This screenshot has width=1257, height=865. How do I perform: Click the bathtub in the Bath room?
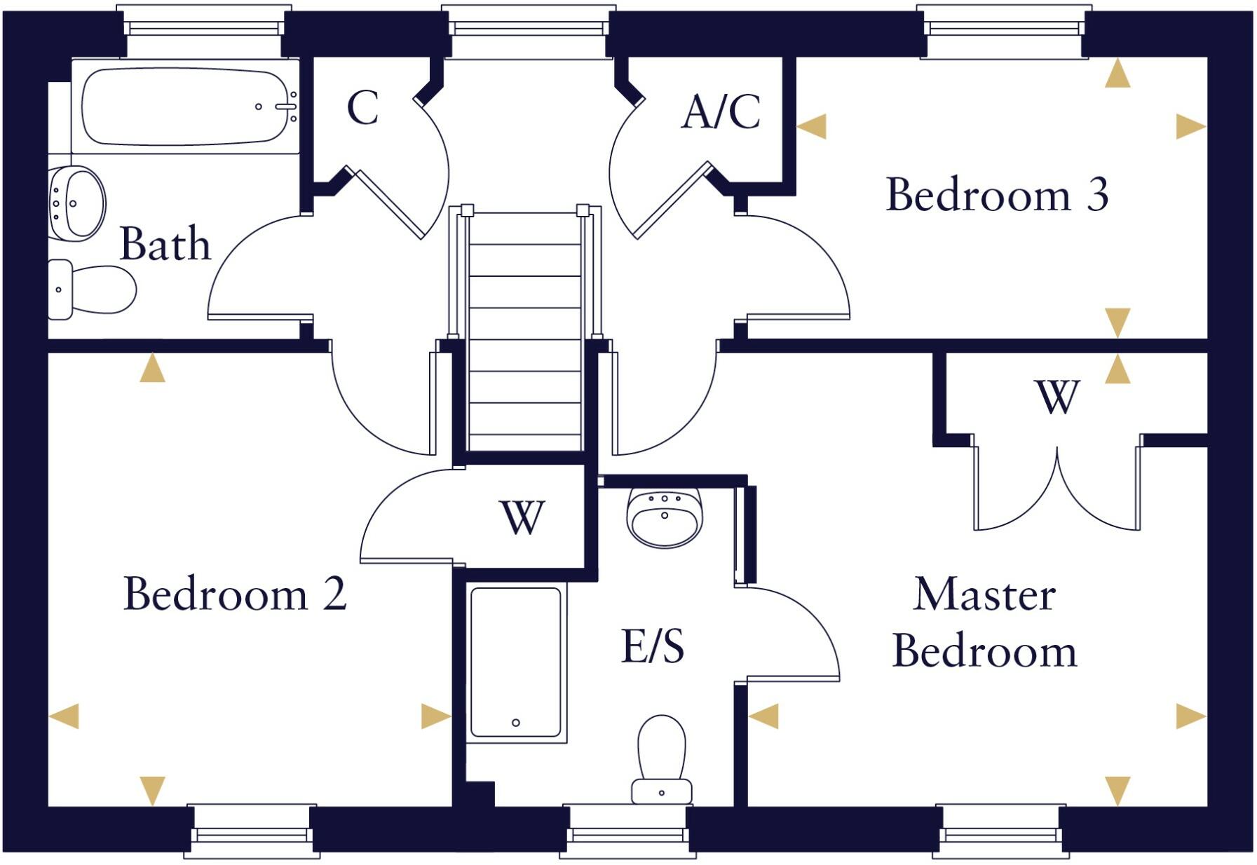click(184, 107)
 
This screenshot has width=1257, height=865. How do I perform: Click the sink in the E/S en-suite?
click(664, 517)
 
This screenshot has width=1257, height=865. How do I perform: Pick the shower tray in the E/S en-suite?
click(516, 662)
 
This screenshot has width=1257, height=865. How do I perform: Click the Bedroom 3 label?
click(997, 195)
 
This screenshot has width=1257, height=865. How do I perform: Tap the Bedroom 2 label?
click(235, 594)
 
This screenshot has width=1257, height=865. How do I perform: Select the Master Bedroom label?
click(984, 623)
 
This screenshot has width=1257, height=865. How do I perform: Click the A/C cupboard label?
click(721, 112)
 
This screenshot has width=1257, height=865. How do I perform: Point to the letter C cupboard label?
click(362, 108)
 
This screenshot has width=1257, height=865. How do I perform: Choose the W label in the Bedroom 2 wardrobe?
click(522, 518)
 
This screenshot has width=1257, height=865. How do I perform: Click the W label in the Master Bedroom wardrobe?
click(1057, 397)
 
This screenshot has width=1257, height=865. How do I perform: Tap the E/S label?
click(653, 646)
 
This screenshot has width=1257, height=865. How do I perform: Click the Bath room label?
click(165, 244)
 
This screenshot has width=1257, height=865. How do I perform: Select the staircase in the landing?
click(525, 329)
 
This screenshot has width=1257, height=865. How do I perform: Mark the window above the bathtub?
click(203, 28)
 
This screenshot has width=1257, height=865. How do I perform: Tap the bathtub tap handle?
click(285, 107)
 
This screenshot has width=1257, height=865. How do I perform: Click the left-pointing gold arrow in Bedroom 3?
click(812, 127)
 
